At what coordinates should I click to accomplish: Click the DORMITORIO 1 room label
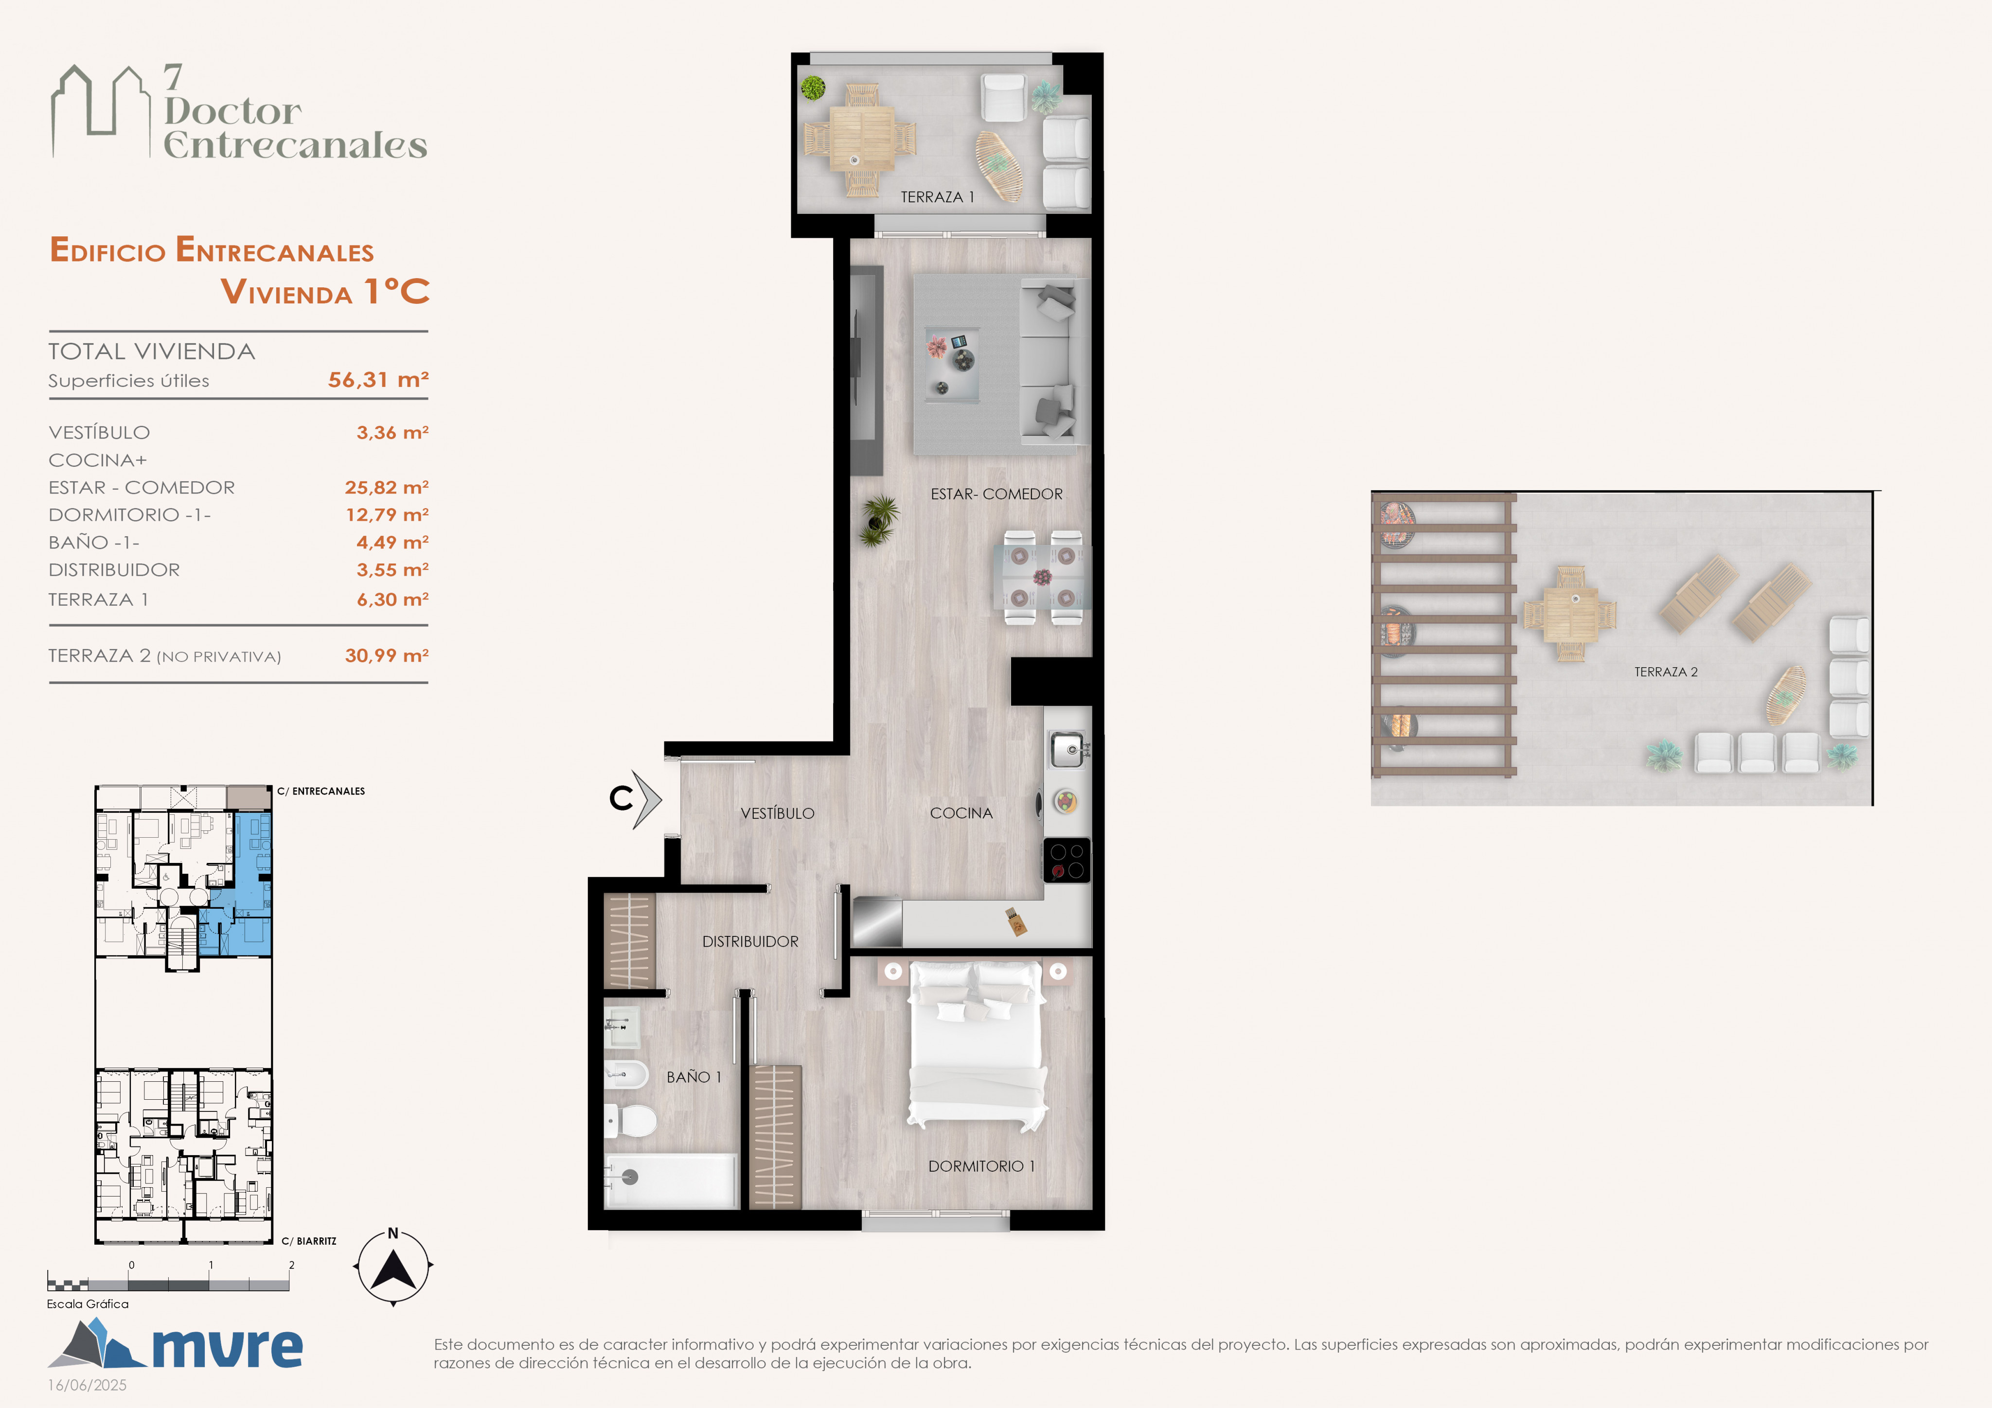981,1166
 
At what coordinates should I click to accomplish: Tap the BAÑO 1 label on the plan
693,1076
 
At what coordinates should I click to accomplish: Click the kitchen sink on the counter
1067,750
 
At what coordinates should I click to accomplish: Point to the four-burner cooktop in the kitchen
1067,860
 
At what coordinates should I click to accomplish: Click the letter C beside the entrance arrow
621,798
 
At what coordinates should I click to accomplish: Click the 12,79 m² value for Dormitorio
387,514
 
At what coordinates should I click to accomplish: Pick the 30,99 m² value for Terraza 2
387,655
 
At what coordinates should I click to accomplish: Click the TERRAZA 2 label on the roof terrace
1666,671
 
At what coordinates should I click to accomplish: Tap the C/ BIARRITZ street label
309,1241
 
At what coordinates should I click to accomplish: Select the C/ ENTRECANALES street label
321,791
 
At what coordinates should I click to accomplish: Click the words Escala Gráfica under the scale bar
88,1304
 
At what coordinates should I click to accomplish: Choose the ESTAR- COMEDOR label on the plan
996,493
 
